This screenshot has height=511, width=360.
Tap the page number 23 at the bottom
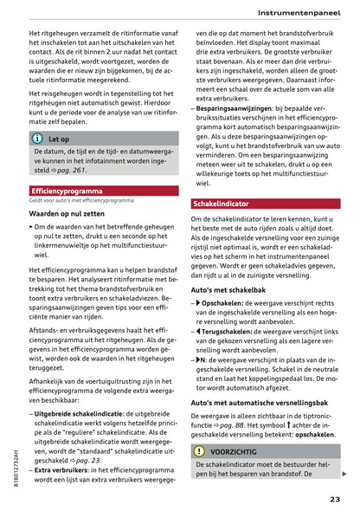click(x=335, y=498)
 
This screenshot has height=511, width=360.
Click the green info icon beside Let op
click(x=36, y=139)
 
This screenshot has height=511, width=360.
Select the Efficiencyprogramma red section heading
click(x=67, y=191)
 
